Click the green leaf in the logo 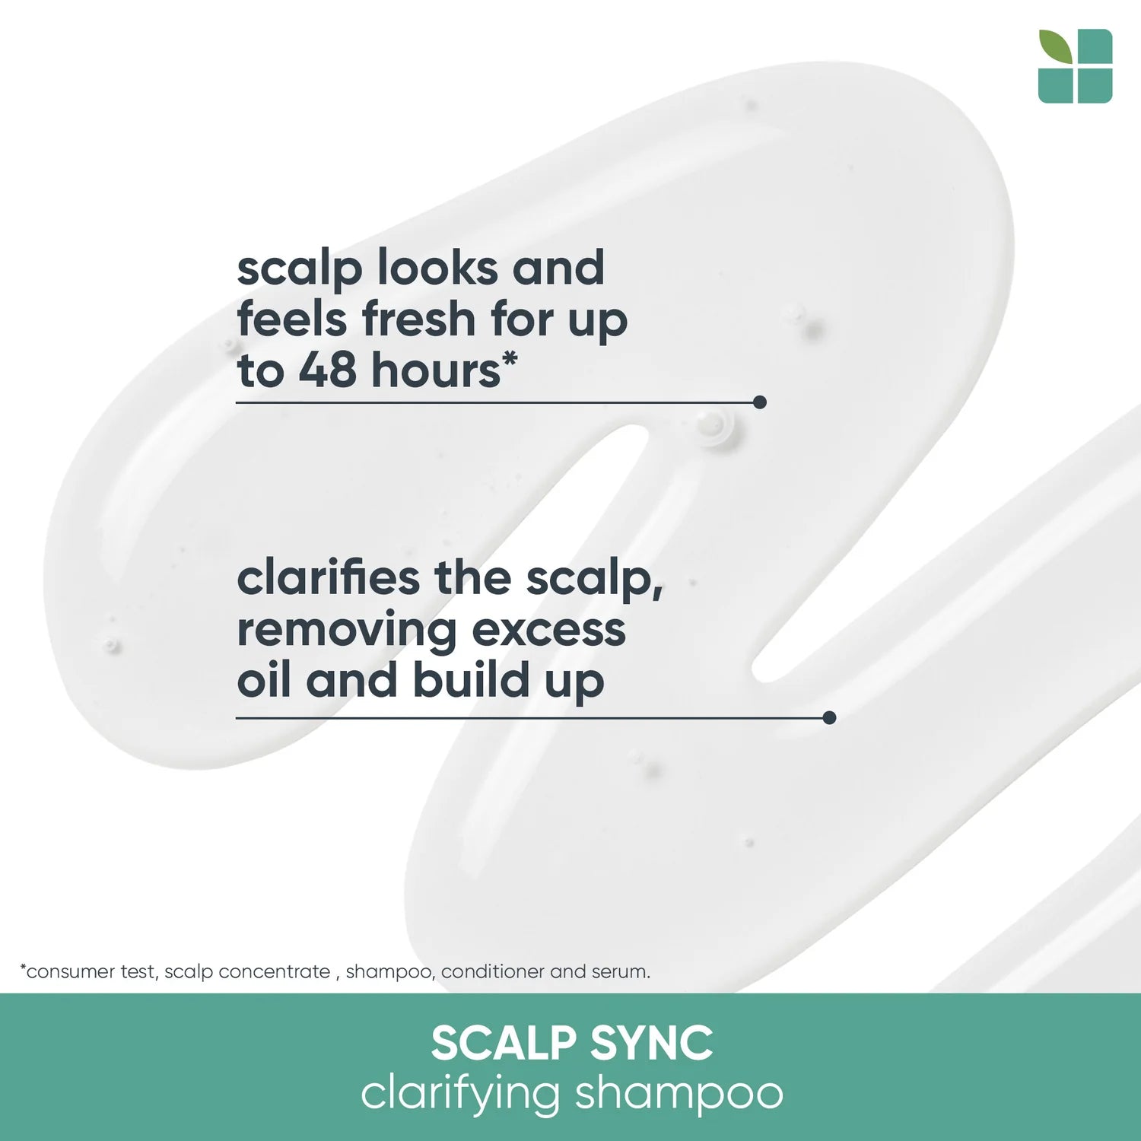click(x=1055, y=46)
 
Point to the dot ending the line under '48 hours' click(x=759, y=402)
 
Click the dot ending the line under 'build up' click(x=829, y=717)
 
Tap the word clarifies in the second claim click(x=328, y=578)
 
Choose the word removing click(x=346, y=630)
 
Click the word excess click(x=548, y=630)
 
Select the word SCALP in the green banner click(x=503, y=1043)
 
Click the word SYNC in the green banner click(x=651, y=1043)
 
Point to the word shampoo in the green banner click(x=679, y=1094)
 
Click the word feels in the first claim click(x=293, y=319)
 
